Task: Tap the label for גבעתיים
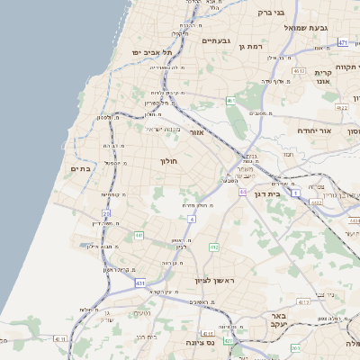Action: [217, 40]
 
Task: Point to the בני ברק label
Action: [270, 13]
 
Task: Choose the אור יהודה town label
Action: [315, 130]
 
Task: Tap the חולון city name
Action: [170, 161]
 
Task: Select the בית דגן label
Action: [288, 193]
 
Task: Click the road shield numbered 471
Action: [343, 42]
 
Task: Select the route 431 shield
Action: [140, 283]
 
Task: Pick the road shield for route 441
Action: [139, 236]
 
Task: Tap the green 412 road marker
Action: [214, 247]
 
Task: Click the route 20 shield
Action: [107, 213]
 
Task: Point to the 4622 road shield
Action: [342, 108]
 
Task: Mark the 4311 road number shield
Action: [59, 338]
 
